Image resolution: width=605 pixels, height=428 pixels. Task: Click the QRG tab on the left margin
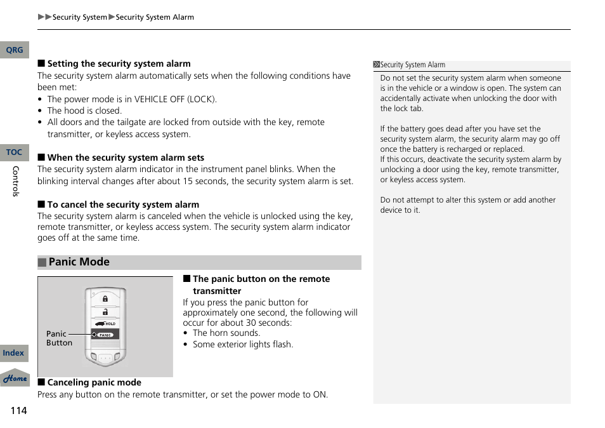point(14,50)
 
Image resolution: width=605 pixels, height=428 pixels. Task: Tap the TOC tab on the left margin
point(14,152)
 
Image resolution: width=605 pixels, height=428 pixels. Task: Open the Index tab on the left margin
point(13,353)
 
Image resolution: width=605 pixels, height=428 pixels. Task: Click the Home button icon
point(15,378)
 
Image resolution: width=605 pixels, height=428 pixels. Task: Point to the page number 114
point(18,410)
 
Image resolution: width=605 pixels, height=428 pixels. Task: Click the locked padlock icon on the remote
point(105,298)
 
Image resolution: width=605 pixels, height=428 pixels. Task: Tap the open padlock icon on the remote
point(105,311)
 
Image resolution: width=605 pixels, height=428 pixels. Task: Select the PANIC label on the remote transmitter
point(105,335)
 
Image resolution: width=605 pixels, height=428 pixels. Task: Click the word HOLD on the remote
point(110,324)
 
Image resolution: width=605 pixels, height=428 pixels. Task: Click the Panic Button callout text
point(59,338)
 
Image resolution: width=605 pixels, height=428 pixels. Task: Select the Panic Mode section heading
point(79,262)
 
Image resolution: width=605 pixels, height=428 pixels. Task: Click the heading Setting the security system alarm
point(119,64)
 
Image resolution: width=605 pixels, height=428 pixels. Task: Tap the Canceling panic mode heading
point(94,382)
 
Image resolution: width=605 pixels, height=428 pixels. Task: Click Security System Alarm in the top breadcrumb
point(155,17)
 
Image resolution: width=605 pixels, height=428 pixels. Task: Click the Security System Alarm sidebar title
point(412,65)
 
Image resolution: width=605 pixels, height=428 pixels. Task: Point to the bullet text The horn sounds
point(226,333)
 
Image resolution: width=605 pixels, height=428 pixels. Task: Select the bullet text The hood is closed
point(84,110)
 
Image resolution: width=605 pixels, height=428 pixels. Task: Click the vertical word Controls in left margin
point(16,181)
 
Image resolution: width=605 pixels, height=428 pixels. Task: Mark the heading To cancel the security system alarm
point(123,204)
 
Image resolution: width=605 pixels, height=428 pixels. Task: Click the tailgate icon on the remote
point(100,323)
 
